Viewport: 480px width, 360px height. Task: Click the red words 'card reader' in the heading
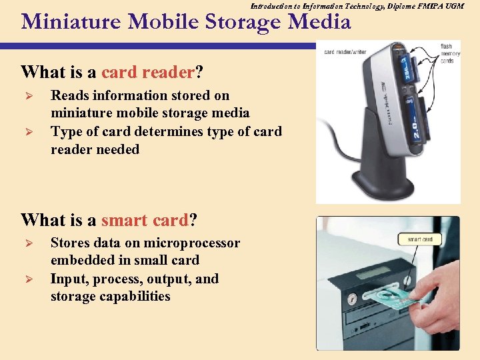pos(148,71)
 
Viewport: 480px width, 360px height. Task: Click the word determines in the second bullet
pos(174,131)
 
